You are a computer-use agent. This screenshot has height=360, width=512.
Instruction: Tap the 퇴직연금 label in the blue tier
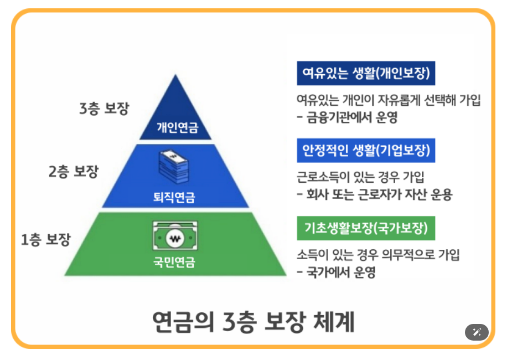click(175, 197)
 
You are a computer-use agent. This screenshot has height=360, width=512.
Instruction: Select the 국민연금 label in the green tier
click(174, 263)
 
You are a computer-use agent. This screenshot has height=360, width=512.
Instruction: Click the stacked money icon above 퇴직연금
click(175, 166)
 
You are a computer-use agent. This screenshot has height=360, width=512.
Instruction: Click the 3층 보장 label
click(104, 107)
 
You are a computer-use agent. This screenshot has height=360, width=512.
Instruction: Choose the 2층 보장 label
click(73, 172)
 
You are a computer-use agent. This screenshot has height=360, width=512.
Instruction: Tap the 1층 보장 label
click(46, 240)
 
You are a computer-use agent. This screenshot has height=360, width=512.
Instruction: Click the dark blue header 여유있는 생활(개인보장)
click(366, 73)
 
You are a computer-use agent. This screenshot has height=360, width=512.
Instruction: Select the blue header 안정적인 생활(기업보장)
click(366, 150)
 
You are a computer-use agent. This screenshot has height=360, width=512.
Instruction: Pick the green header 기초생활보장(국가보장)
click(366, 228)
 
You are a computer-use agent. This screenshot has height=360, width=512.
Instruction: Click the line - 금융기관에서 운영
click(347, 117)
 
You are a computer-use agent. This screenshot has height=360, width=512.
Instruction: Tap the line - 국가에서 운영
click(336, 272)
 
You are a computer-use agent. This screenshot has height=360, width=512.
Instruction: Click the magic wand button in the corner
click(476, 332)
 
